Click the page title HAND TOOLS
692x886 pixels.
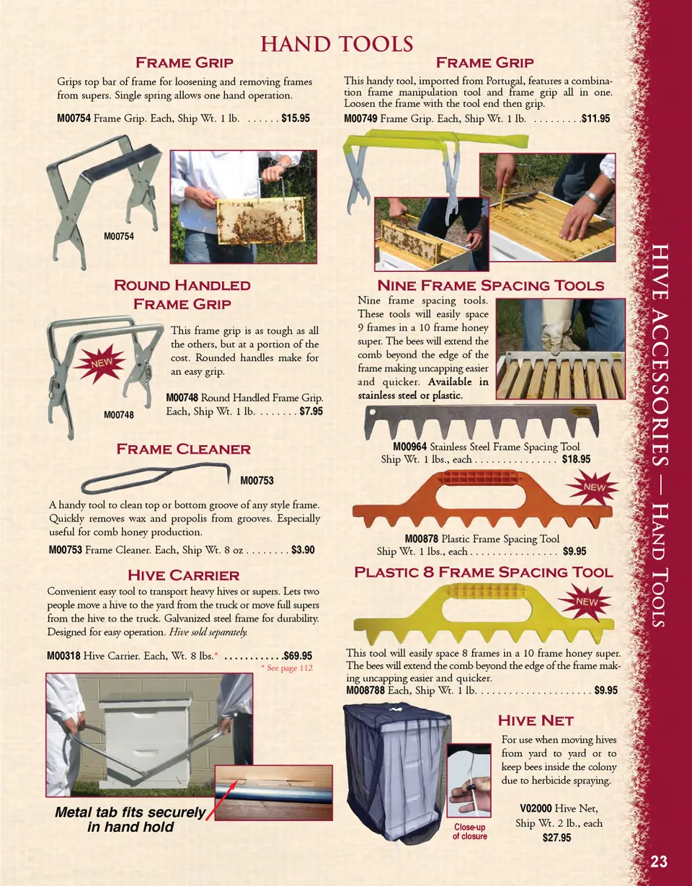(337, 44)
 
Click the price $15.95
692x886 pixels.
(296, 118)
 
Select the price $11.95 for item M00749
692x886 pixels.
(596, 119)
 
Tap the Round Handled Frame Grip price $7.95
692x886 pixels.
(311, 411)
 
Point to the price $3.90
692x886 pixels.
(303, 550)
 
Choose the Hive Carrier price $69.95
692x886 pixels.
(298, 655)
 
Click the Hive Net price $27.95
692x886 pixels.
(556, 838)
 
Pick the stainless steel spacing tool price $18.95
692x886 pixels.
(576, 459)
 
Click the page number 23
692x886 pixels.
(659, 861)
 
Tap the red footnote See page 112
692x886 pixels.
(287, 668)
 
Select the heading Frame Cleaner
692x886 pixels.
(183, 449)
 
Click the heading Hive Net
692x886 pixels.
(536, 720)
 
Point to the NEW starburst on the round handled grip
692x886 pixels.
(100, 363)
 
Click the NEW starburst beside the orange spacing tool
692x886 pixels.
(594, 487)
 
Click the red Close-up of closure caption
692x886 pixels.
(470, 831)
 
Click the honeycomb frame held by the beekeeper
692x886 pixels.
(260, 220)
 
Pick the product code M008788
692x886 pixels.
(365, 691)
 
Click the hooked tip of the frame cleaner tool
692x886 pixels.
(229, 475)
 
